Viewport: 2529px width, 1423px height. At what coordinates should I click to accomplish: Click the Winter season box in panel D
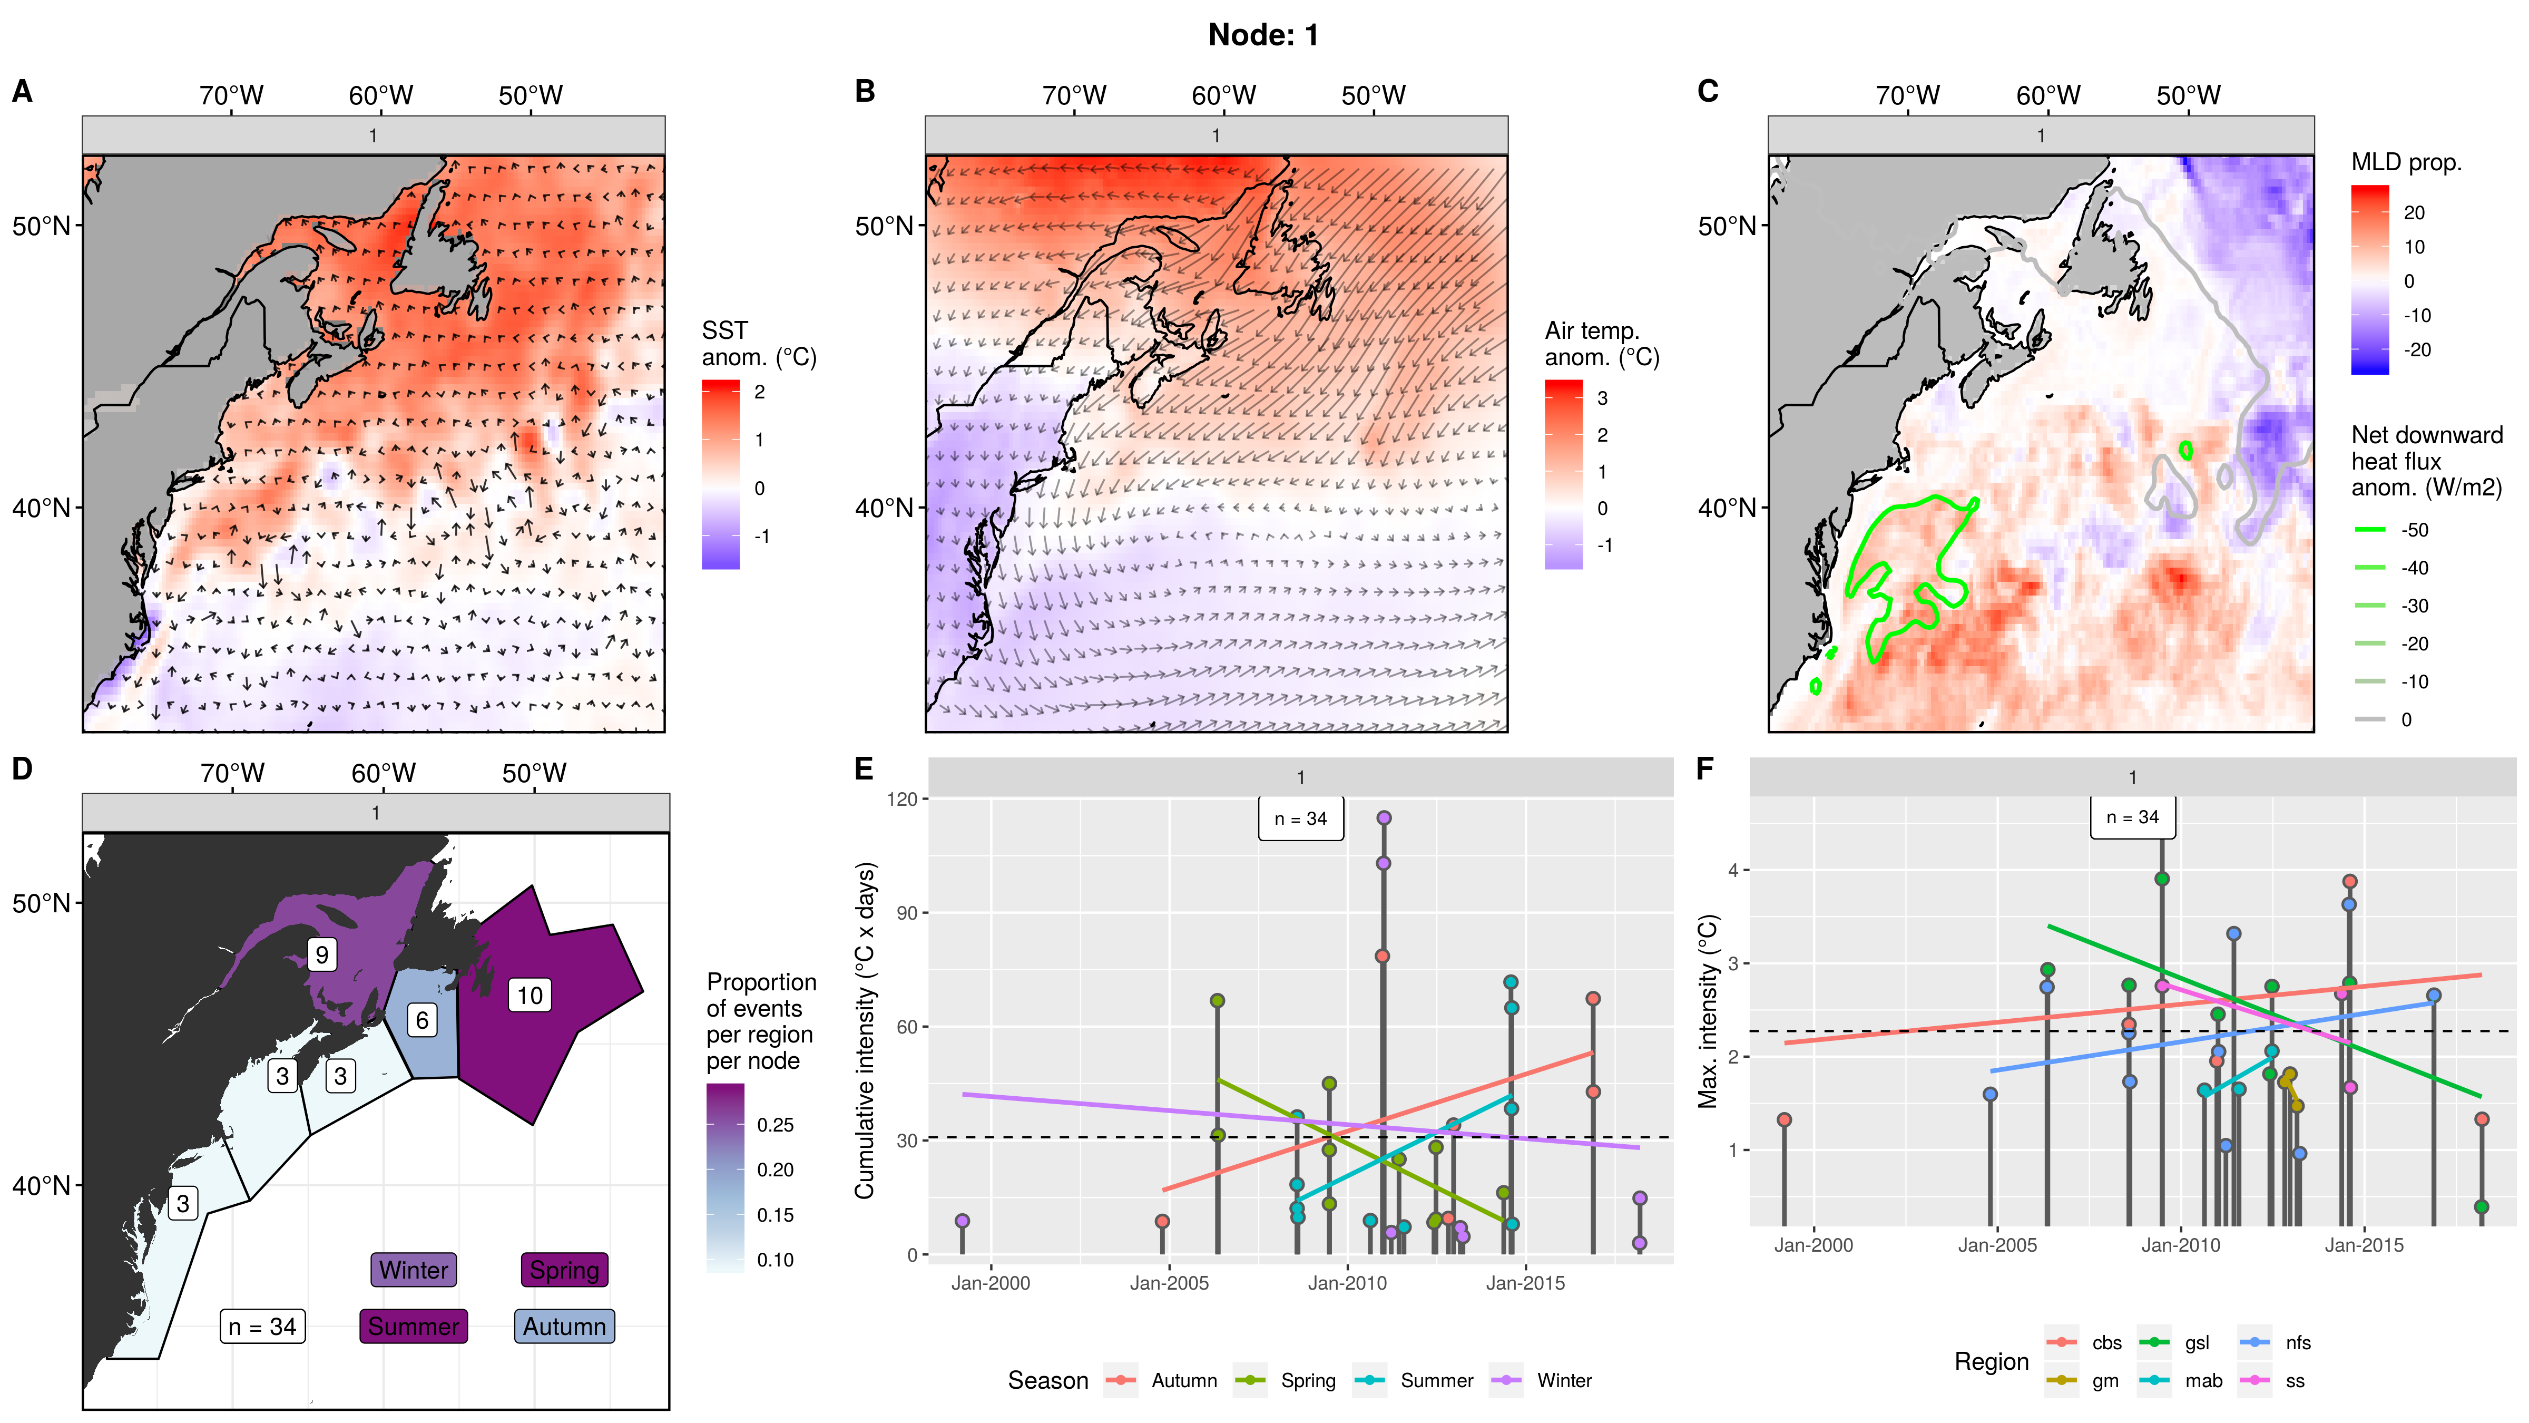[413, 1270]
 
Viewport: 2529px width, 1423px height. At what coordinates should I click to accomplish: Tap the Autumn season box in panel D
[564, 1326]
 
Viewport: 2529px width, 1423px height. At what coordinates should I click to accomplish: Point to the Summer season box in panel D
[413, 1326]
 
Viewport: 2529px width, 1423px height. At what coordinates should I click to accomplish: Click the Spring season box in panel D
[564, 1270]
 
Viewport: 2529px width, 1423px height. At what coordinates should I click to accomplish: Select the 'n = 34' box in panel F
[2132, 817]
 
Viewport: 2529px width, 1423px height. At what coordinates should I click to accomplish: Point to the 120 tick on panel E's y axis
[901, 800]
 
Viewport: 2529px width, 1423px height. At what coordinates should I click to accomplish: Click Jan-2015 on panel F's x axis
[2364, 1245]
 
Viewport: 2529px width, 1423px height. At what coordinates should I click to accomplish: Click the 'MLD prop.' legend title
[2406, 162]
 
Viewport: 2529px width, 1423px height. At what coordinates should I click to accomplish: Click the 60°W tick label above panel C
[2048, 95]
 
